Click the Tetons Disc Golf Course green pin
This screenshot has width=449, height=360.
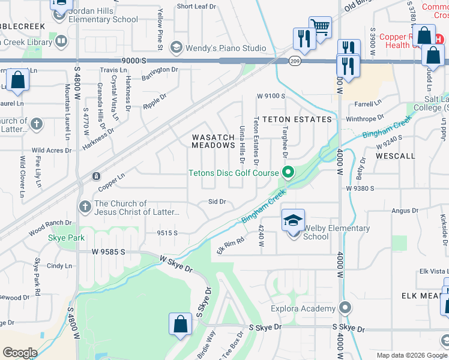point(288,173)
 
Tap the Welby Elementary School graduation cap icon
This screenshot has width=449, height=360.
point(294,221)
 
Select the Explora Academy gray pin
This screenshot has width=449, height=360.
point(345,308)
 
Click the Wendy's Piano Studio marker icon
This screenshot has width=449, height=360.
point(176,47)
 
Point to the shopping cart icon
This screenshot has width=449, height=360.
point(320,27)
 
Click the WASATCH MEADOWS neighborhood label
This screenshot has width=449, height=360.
point(213,141)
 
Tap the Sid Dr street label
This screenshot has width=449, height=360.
point(217,202)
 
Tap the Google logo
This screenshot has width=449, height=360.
point(20,352)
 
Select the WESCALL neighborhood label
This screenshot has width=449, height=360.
point(395,155)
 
